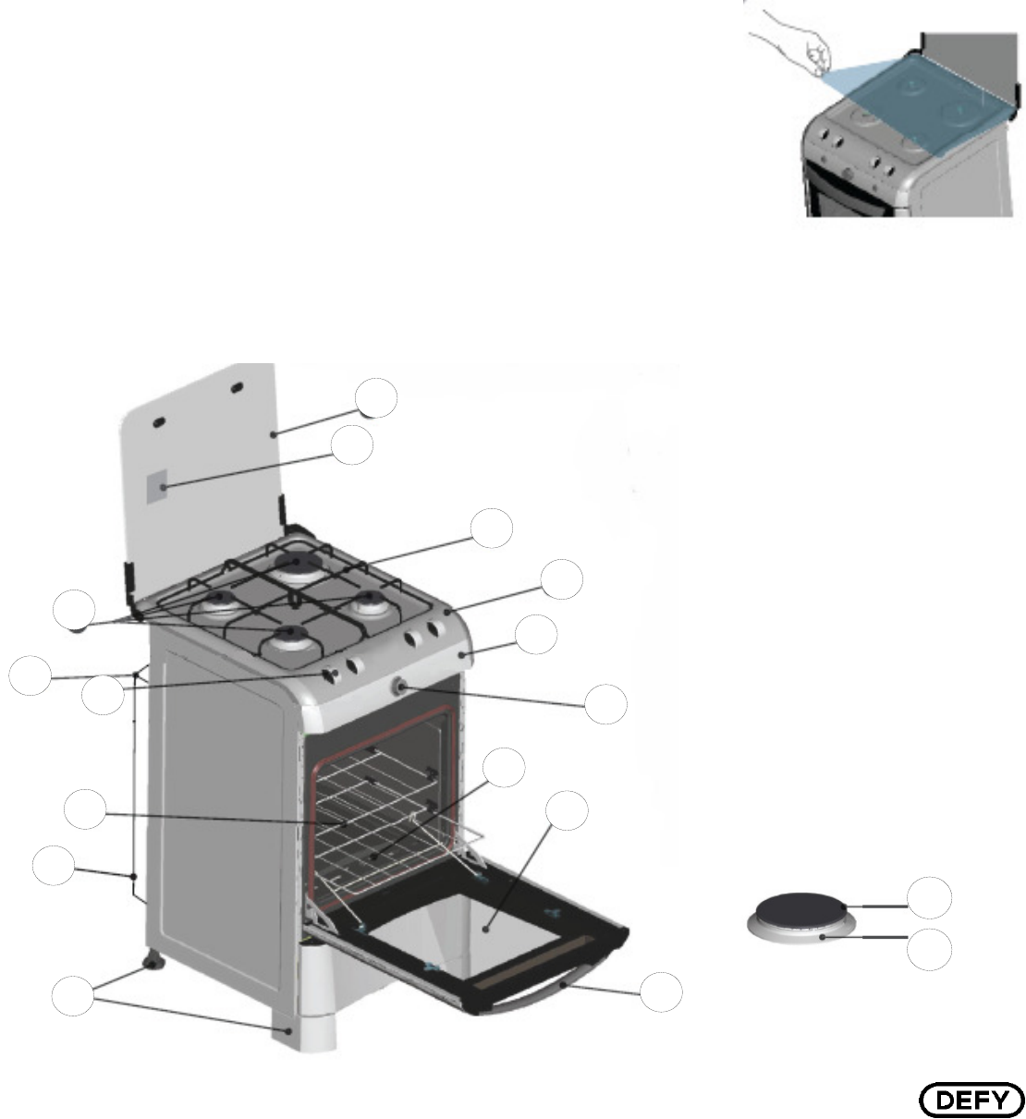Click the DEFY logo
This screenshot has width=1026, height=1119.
[971, 1100]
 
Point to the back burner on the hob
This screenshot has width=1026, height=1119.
[296, 562]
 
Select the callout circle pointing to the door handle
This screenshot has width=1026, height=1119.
[663, 991]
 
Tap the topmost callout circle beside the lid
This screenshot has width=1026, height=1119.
[377, 396]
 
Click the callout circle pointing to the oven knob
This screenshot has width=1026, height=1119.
[606, 704]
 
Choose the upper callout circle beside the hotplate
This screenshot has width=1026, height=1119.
[928, 897]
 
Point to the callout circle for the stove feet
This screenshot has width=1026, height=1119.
[71, 998]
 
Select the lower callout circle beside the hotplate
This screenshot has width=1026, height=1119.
[928, 950]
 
